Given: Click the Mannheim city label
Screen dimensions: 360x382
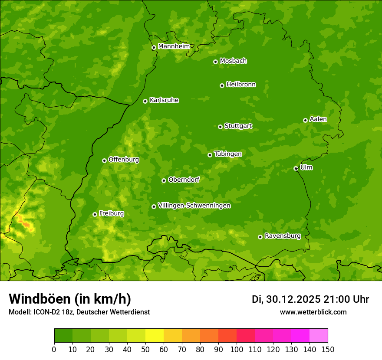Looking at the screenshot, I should coord(174,46).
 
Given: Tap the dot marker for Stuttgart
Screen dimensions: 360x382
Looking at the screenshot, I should coord(220,127).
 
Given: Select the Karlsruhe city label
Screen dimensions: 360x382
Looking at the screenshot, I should coord(164,100).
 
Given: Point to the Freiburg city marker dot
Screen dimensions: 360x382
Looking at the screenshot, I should coord(95,214).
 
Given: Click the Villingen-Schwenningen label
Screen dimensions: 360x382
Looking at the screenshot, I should coord(194,206).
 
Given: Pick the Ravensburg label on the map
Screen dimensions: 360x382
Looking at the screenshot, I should coord(282,236).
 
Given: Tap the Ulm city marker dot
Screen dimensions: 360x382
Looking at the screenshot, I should coord(296,168).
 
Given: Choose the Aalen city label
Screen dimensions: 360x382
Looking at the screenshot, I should coord(318,119).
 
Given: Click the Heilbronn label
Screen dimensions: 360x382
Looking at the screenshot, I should coord(240,85).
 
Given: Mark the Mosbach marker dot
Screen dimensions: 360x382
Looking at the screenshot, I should coord(215,62).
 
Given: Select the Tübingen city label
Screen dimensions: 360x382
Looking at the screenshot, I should coord(227,154).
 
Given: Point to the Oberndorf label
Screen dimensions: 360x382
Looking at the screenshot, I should coord(184,180).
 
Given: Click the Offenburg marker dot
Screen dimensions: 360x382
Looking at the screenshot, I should coord(104,160).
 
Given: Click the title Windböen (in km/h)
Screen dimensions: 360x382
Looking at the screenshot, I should coord(69,299).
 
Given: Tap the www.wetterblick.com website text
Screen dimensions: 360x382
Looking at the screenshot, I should coord(313,312).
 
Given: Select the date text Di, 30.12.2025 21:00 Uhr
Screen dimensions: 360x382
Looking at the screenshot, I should coord(310,299).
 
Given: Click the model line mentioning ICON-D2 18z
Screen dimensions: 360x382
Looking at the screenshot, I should coord(79,312).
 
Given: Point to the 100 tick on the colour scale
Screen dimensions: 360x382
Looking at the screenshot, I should coord(237,350).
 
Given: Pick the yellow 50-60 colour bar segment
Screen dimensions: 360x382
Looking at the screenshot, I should coord(155,336).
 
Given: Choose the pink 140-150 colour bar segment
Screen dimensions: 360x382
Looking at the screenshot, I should coord(319,336).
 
